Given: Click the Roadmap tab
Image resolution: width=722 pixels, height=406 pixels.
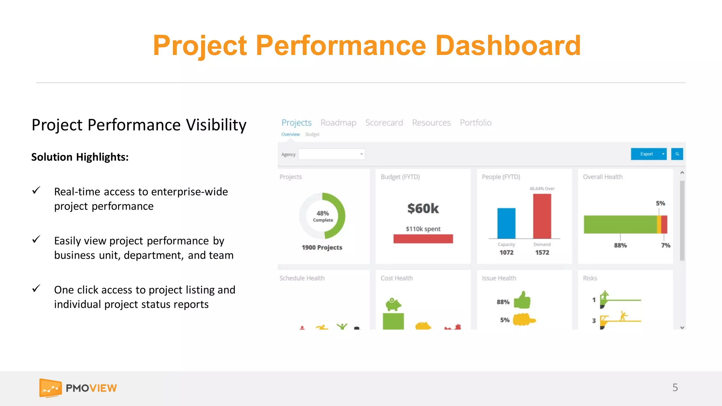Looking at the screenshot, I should click(x=338, y=123).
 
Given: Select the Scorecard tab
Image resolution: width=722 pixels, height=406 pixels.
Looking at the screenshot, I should click(x=384, y=123).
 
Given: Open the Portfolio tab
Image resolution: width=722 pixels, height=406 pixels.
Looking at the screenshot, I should click(x=475, y=123).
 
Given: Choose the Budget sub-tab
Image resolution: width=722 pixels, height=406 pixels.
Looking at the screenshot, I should click(x=312, y=134).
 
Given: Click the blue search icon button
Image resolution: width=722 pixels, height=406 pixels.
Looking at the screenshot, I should click(x=677, y=154).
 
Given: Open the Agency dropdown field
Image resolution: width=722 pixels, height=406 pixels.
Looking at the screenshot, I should click(x=331, y=154).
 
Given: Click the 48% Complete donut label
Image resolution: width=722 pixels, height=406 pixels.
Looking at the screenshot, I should click(x=323, y=216).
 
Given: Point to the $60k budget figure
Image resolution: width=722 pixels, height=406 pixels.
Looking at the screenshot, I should click(x=423, y=208).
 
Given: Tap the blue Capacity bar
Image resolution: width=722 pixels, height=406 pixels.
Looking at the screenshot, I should click(x=506, y=223).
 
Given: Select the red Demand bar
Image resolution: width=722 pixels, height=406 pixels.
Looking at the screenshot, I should click(x=542, y=216).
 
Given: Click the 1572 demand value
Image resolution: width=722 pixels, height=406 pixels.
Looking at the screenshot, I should click(x=542, y=252).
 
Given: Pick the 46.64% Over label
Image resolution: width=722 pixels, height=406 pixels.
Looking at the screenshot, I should click(x=542, y=189).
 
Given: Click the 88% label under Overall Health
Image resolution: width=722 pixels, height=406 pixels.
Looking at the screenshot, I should click(x=620, y=245).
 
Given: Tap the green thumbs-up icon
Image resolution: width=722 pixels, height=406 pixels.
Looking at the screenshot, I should click(x=522, y=300).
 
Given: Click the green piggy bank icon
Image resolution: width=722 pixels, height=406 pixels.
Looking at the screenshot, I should click(x=393, y=304).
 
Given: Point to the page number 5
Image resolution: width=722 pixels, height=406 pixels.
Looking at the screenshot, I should click(x=675, y=387).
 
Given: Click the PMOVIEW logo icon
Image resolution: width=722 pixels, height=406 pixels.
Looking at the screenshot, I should click(x=50, y=388).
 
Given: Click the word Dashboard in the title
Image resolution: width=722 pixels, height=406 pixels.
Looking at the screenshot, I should click(x=508, y=46).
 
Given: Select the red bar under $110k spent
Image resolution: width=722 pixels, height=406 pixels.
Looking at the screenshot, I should click(x=423, y=239).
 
